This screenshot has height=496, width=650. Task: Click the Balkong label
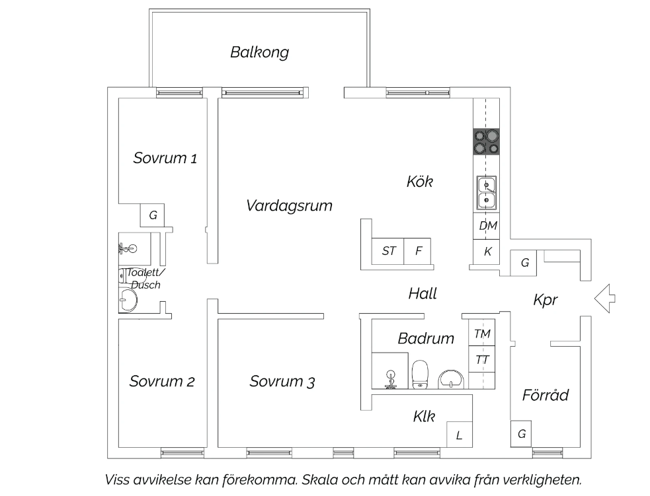tap(259, 53)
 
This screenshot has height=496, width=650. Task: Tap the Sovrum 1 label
tap(165, 158)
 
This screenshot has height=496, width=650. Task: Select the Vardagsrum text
tap(290, 206)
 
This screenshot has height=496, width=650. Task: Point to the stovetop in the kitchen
tap(486, 141)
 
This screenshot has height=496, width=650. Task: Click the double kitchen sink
tap(486, 192)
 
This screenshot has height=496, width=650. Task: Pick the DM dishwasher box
tap(487, 226)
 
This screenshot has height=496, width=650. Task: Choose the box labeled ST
tap(387, 251)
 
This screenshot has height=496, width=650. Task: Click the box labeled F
tap(417, 251)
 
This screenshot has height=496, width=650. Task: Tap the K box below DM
tap(487, 252)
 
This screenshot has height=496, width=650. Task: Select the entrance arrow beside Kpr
tap(605, 298)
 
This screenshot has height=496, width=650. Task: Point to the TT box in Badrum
tap(481, 359)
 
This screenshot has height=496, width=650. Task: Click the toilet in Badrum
tap(421, 374)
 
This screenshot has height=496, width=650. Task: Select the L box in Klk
tap(460, 435)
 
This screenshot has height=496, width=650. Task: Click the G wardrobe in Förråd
tap(521, 434)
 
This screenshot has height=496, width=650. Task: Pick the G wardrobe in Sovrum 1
tap(152, 215)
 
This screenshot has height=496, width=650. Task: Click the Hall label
tap(423, 293)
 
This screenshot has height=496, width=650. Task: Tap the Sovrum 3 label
tap(282, 381)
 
